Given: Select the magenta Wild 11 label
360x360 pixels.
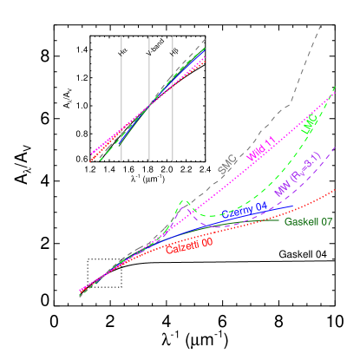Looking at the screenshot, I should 261,149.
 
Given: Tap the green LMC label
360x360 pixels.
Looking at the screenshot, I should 310,125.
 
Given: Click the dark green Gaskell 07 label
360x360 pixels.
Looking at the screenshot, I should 308,222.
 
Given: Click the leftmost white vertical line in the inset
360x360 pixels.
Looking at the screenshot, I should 121,98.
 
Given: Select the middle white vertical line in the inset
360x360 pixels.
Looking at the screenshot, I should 149,98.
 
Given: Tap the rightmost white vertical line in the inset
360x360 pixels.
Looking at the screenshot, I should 173,98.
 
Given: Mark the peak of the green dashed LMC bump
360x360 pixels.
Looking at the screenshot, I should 183,201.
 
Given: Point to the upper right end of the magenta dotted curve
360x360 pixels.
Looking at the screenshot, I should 335,88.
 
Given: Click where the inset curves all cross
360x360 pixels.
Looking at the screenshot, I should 149,104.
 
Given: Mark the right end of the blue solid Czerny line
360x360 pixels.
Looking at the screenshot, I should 293,208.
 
